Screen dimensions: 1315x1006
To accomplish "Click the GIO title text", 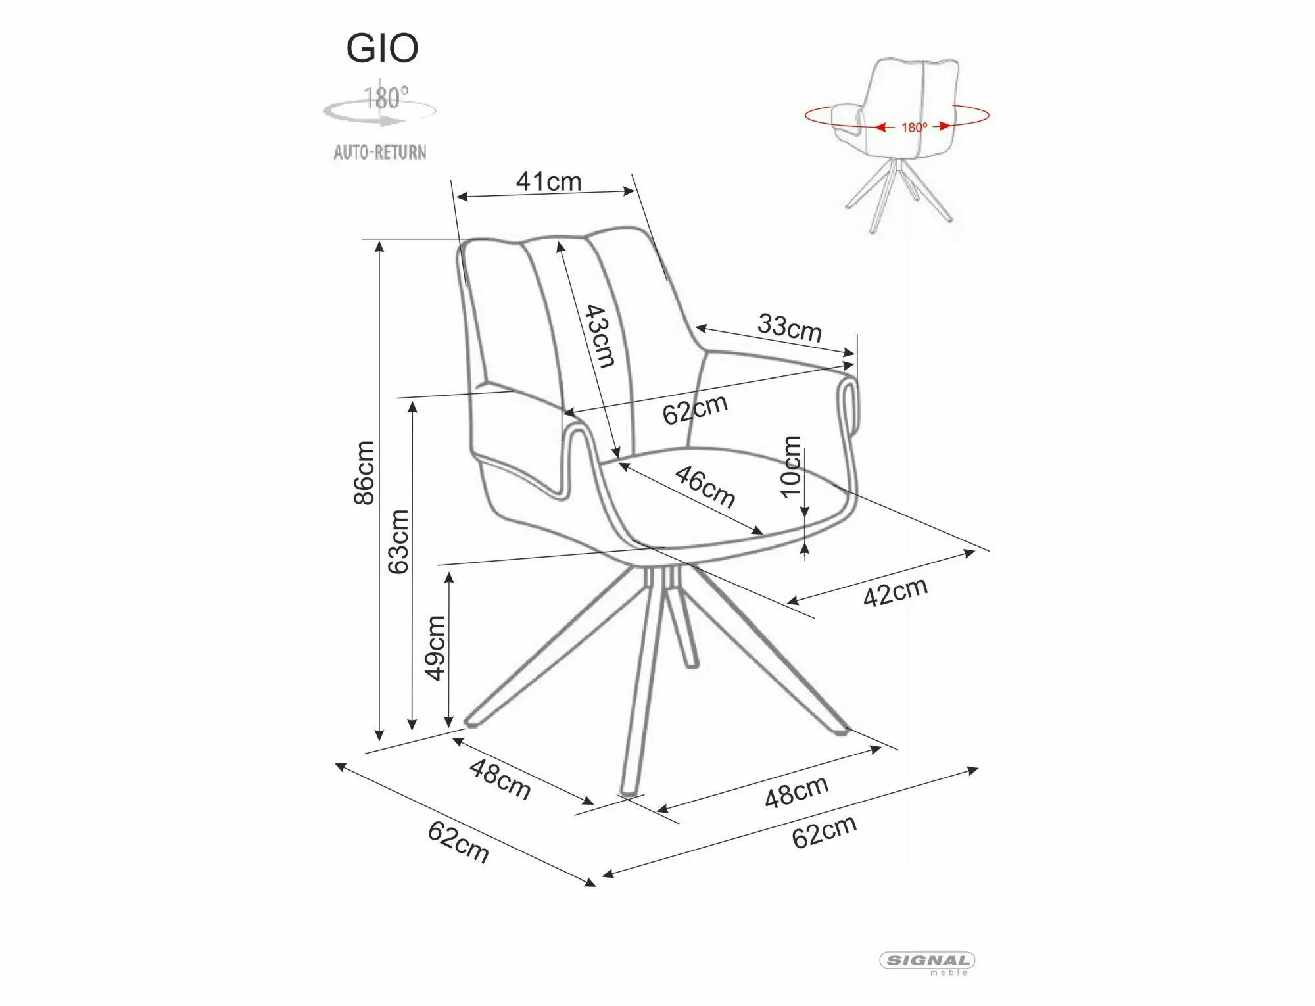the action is click(383, 48).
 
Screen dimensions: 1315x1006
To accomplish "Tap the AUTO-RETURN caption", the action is click(380, 153).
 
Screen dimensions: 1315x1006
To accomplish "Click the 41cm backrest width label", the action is click(548, 181).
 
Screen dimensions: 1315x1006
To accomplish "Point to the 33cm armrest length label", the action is click(790, 327).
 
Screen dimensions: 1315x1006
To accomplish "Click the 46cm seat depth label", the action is click(705, 487).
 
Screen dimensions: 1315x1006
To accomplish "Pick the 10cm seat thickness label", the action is click(791, 466).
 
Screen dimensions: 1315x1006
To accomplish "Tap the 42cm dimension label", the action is click(895, 592).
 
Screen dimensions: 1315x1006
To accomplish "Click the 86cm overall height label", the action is click(364, 473).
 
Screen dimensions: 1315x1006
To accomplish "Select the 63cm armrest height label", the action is click(398, 542).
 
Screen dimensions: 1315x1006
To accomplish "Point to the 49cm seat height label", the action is click(435, 648).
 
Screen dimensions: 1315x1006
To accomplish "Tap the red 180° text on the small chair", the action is click(914, 127).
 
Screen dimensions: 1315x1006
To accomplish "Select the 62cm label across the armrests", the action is click(695, 410).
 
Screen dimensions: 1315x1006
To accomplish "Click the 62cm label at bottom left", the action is click(458, 842).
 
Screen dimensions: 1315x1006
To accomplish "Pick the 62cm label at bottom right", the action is click(825, 832).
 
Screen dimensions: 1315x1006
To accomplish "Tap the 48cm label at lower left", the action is click(500, 780).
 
